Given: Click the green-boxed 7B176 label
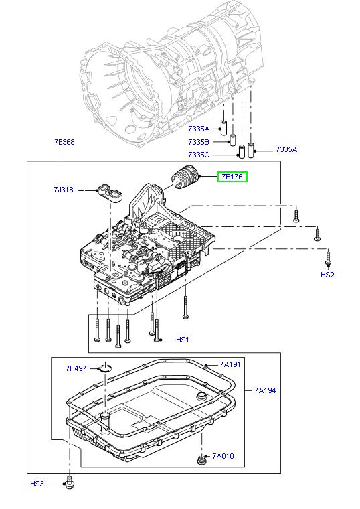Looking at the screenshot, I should tap(232, 177).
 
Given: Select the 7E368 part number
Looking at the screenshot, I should tap(64, 142).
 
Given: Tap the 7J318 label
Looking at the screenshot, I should tap(64, 190).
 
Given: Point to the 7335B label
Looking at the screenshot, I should tap(198, 142).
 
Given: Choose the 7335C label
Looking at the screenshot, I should tap(198, 155).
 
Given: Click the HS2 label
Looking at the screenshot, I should tap(327, 275).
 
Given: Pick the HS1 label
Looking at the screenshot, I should tap(183, 340).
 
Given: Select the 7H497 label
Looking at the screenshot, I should tap(76, 368).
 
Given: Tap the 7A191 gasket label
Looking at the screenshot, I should tap(230, 364).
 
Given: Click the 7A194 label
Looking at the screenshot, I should tap(264, 390).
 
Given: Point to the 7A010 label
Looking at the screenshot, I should tap(223, 456).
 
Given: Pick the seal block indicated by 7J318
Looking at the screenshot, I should tap(109, 193).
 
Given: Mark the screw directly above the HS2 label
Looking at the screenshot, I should tap(328, 257).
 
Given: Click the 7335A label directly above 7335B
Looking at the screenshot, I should tap(198, 128).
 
